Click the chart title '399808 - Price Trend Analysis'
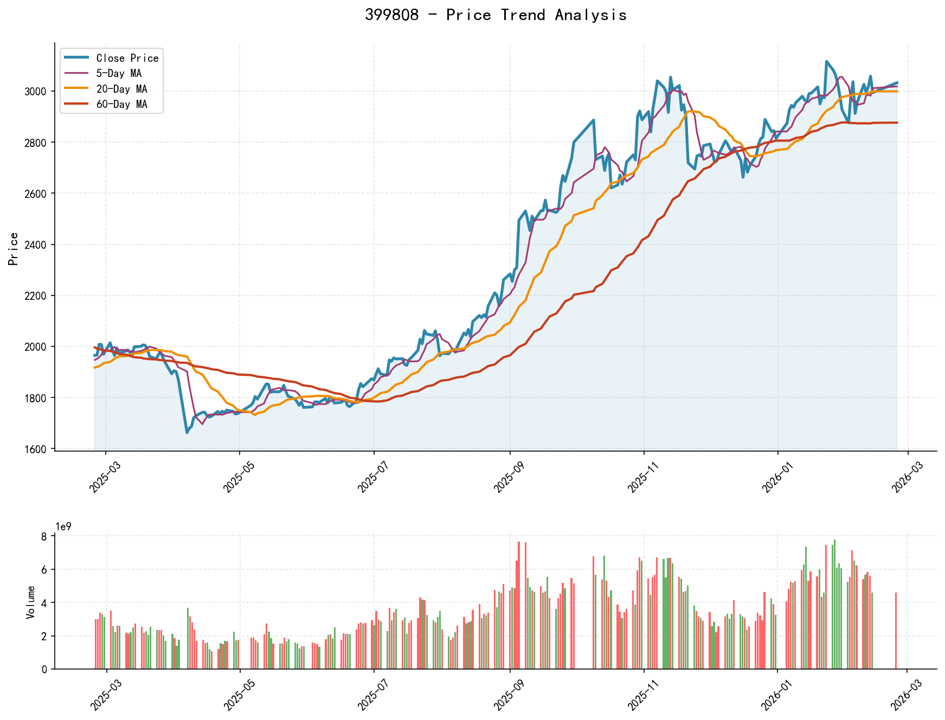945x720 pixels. pyautogui.click(x=496, y=15)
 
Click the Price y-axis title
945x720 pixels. pyautogui.click(x=14, y=248)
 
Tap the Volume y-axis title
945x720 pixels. pyautogui.click(x=31, y=602)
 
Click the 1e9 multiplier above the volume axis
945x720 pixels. pyautogui.click(x=63, y=526)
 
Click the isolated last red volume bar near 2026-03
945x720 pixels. pyautogui.click(x=896, y=631)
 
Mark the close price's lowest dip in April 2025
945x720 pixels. pyautogui.click(x=187, y=432)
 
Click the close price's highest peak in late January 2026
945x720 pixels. pyautogui.click(x=826, y=62)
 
